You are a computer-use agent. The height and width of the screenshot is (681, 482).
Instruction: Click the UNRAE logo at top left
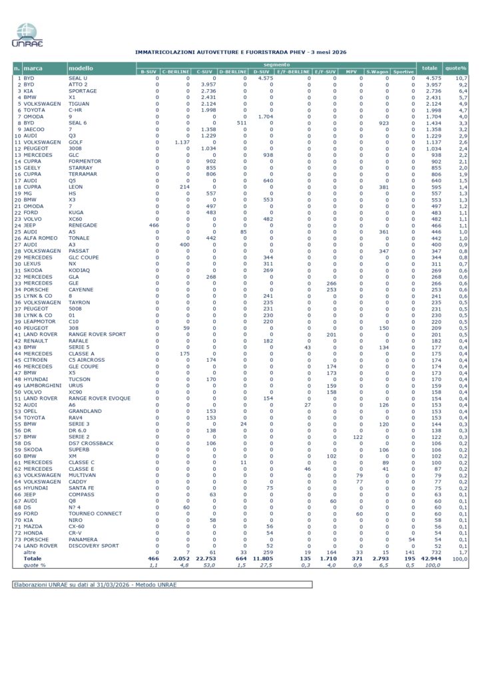[x=27, y=35]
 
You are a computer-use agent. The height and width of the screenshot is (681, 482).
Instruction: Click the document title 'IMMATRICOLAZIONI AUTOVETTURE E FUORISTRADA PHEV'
[x=240, y=51]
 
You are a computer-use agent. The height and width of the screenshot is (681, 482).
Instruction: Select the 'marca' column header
[x=33, y=68]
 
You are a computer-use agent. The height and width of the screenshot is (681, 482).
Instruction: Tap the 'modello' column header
[x=81, y=68]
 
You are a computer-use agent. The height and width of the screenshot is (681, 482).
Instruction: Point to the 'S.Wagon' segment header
[x=377, y=71]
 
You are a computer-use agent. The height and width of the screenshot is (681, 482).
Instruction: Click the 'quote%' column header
[x=456, y=68]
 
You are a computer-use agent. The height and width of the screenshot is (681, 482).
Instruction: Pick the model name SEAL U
[x=79, y=78]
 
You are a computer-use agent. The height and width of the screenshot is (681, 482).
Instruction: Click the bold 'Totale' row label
[x=33, y=559]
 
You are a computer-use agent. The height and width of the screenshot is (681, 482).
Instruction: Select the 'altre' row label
[x=30, y=552]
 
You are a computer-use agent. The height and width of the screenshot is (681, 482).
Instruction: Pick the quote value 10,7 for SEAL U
[x=461, y=78]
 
